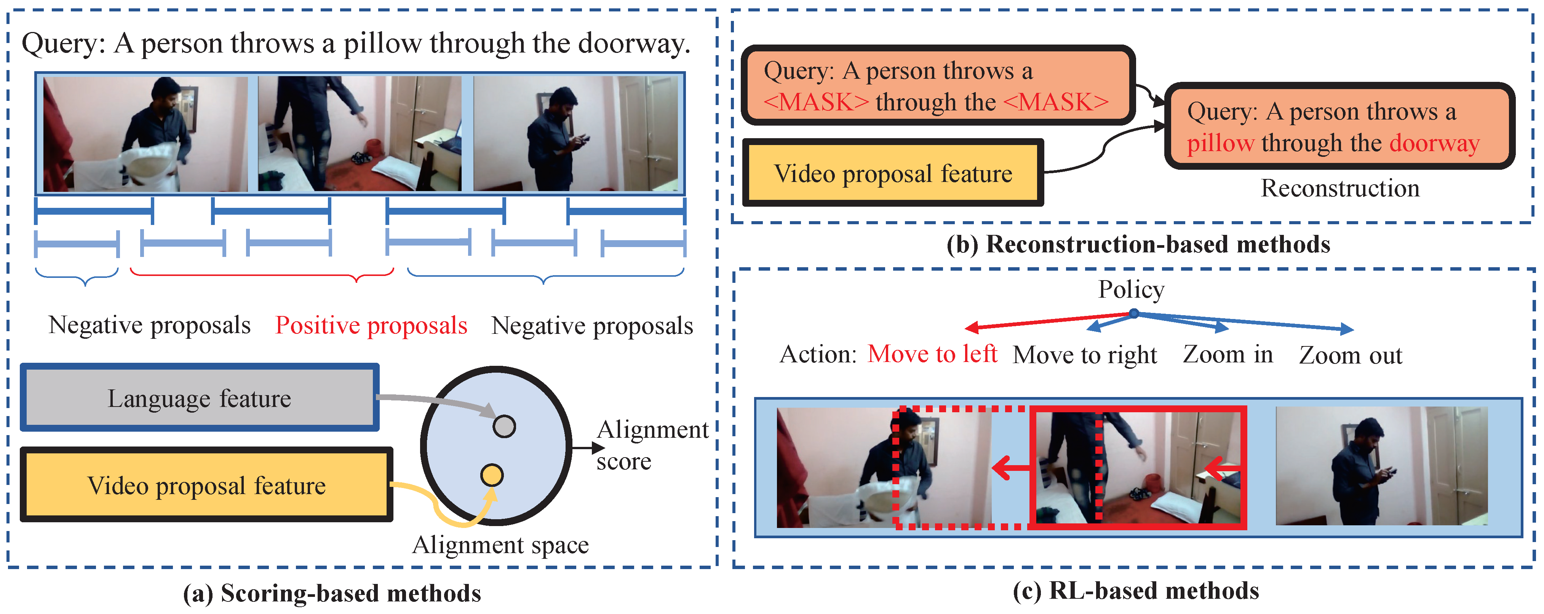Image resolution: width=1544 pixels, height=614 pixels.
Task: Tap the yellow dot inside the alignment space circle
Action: pos(491,475)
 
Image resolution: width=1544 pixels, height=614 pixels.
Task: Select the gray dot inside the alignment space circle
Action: pos(503,426)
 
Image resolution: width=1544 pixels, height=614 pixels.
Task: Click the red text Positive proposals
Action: pos(371,325)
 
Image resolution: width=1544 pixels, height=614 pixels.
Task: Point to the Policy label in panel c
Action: pos(1131,289)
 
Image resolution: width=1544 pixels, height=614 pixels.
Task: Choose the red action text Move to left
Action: pos(932,354)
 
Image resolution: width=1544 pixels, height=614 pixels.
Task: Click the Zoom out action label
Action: pos(1351,355)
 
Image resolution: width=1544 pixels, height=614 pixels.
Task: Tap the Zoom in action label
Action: pos(1228,354)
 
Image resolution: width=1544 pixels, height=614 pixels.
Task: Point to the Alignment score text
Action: pos(652,445)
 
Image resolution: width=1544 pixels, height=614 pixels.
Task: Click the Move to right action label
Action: pos(1084,355)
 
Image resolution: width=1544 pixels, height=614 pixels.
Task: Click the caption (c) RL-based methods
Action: pos(1135,591)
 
